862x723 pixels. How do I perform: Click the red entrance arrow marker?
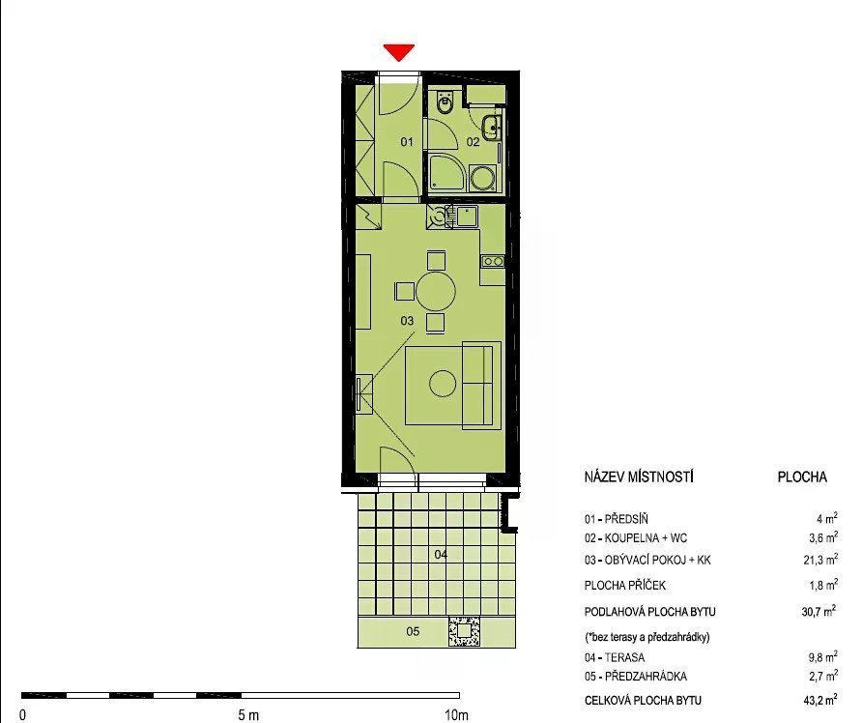pyautogui.click(x=399, y=52)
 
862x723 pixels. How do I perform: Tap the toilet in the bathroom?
pyautogui.click(x=444, y=102)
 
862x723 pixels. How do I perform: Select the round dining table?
pyautogui.click(x=436, y=291)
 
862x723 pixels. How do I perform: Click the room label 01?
pyautogui.click(x=406, y=142)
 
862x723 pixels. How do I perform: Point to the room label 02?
pyautogui.click(x=473, y=142)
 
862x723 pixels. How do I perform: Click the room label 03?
pyautogui.click(x=407, y=321)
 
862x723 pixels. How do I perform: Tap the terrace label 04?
pyautogui.click(x=441, y=554)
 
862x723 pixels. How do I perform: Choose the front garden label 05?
pyautogui.click(x=413, y=631)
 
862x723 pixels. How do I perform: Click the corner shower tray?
pyautogui.click(x=446, y=174)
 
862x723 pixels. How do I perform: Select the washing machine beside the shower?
pyautogui.click(x=483, y=179)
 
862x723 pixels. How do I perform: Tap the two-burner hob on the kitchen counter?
pyautogui.click(x=493, y=262)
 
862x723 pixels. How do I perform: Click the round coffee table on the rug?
pyautogui.click(x=443, y=383)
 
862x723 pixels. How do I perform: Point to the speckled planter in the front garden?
pyautogui.click(x=464, y=631)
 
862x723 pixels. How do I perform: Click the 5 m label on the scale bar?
pyautogui.click(x=248, y=714)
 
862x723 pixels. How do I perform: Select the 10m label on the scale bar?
pyautogui.click(x=456, y=714)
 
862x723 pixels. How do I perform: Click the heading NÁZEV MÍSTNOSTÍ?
pyautogui.click(x=639, y=477)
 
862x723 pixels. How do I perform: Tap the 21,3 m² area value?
pyautogui.click(x=820, y=559)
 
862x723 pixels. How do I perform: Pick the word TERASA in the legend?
pyautogui.click(x=624, y=657)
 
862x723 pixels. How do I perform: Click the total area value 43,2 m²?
pyautogui.click(x=820, y=700)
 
